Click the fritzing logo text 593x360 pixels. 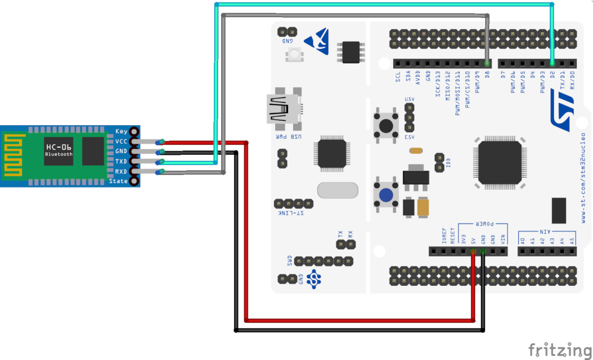[x=559, y=350]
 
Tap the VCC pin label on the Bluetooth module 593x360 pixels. [x=120, y=141]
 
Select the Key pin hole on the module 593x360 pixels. [x=135, y=131]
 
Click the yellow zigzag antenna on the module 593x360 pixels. [x=15, y=155]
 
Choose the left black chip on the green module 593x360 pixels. [x=59, y=151]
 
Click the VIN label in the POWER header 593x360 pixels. [x=503, y=240]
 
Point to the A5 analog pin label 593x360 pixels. [x=572, y=240]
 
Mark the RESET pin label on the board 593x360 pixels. [x=453, y=237]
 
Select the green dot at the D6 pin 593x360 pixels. [x=487, y=63]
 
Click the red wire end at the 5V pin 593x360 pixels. [x=473, y=252]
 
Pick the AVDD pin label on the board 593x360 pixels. [x=418, y=78]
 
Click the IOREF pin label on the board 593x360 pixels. [x=444, y=237]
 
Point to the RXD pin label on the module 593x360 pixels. [x=120, y=171]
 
